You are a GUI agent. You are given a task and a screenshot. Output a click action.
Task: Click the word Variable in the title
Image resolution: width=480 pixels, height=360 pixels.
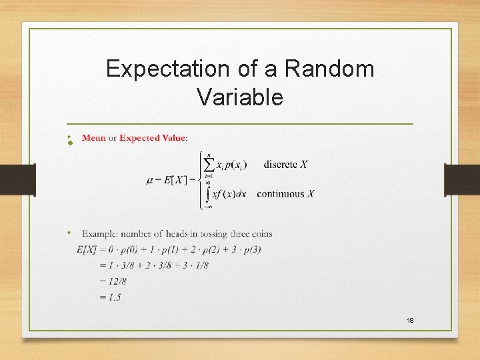pyautogui.click(x=240, y=97)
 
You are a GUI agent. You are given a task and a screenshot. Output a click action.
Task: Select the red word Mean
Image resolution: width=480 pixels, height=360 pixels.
pyautogui.click(x=94, y=138)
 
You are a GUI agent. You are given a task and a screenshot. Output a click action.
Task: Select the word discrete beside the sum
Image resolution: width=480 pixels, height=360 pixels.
pyautogui.click(x=280, y=165)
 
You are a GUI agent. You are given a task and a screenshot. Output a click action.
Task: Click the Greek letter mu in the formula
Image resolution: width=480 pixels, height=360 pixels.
pyautogui.click(x=150, y=179)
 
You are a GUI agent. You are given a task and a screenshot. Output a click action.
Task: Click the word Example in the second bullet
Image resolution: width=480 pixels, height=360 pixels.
pyautogui.click(x=100, y=234)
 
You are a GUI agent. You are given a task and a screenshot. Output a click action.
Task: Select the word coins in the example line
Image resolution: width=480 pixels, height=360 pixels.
pyautogui.click(x=260, y=234)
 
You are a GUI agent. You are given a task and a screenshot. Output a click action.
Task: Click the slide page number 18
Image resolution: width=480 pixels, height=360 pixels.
pyautogui.click(x=411, y=321)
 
